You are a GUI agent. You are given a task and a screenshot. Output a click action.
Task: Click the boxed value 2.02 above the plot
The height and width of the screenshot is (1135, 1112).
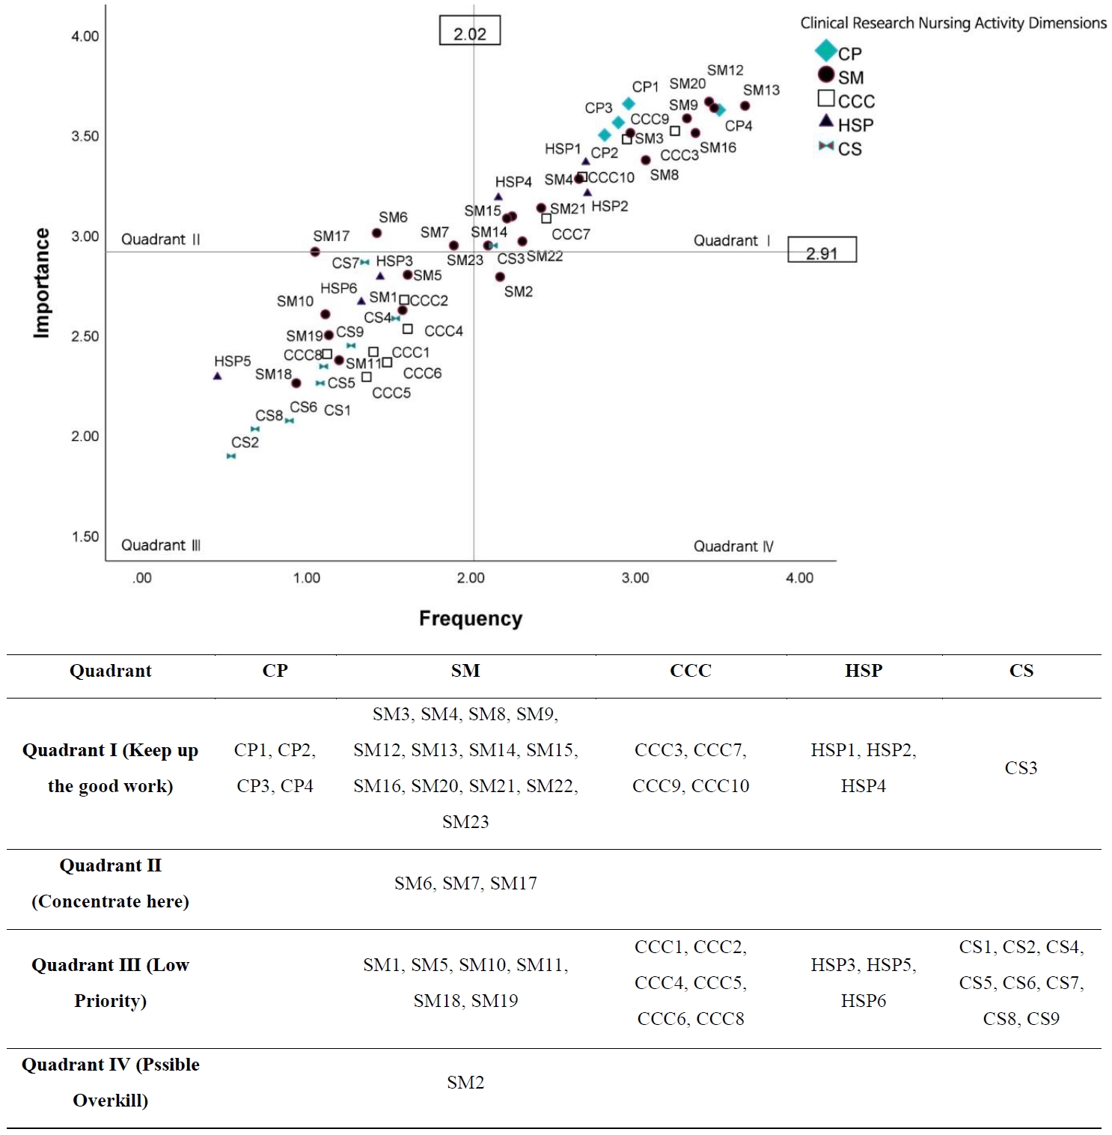[x=469, y=31]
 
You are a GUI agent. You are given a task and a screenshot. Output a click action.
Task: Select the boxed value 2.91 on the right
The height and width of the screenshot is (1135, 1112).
[x=822, y=251]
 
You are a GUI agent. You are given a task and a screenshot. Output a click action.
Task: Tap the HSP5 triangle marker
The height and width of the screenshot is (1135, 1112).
[x=217, y=376]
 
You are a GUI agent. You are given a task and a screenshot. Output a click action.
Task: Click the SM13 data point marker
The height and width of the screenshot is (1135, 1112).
[x=745, y=106]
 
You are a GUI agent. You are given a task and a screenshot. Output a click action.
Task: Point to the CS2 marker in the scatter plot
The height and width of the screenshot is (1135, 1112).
[x=231, y=456]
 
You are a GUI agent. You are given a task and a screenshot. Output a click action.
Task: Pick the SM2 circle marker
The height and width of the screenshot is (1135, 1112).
[x=500, y=277]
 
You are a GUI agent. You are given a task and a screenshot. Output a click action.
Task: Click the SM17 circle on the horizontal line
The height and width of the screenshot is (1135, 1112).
[x=315, y=252]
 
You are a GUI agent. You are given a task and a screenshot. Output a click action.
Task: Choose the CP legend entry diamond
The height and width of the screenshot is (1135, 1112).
[x=825, y=51]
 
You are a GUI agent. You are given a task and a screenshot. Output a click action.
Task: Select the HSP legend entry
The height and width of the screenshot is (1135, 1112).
[x=846, y=124]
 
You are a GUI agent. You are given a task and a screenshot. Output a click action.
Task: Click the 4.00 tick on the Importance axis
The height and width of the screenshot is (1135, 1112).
[x=85, y=36]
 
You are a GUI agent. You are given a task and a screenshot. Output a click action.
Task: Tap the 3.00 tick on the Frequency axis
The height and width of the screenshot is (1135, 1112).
[x=635, y=577]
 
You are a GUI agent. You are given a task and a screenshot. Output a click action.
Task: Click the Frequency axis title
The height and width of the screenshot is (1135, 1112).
[x=470, y=618]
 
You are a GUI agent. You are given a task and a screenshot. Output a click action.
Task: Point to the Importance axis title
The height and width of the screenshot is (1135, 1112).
[x=42, y=283]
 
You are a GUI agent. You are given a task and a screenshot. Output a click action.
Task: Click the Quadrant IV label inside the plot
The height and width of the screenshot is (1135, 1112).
[x=733, y=546]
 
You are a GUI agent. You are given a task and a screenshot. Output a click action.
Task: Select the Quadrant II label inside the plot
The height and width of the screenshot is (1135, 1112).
[x=161, y=240]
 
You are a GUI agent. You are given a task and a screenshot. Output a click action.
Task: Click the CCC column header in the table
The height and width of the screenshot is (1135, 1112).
[x=690, y=671]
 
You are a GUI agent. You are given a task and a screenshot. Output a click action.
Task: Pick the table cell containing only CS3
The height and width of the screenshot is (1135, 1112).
[x=1020, y=768]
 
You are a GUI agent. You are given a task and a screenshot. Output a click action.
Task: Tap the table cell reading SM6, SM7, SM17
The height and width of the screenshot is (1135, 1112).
[x=465, y=883]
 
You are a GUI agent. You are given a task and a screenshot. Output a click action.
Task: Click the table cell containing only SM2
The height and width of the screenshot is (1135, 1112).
[x=465, y=1083]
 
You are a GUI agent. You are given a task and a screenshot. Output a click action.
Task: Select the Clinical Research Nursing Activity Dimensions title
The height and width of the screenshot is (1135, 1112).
[x=953, y=23]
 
